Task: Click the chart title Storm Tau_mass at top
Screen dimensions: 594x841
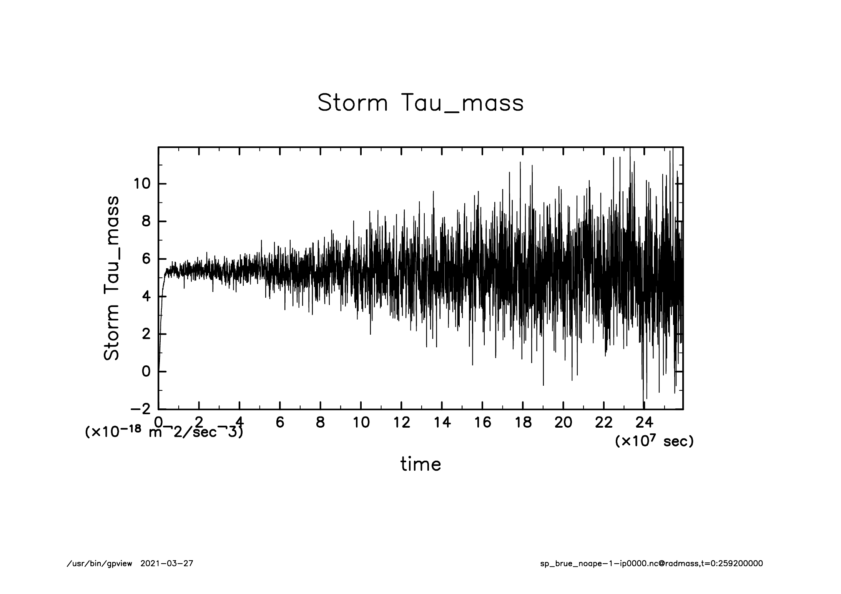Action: click(x=420, y=103)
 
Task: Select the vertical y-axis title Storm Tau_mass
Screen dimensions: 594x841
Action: click(x=111, y=278)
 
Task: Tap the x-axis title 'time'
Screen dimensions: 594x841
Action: click(x=420, y=464)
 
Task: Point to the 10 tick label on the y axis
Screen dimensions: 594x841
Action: click(x=141, y=184)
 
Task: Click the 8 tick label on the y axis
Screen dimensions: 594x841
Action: click(x=146, y=222)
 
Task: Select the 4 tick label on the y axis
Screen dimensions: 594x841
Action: click(x=146, y=297)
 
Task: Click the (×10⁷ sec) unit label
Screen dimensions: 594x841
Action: click(x=654, y=441)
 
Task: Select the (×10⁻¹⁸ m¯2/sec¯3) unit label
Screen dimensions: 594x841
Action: click(x=164, y=433)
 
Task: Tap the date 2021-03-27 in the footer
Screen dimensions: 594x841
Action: click(x=167, y=564)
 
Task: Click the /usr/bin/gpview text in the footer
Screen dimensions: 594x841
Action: click(x=100, y=564)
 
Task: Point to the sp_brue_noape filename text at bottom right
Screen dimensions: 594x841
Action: click(x=652, y=564)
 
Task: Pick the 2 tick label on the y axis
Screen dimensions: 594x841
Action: click(x=146, y=334)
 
